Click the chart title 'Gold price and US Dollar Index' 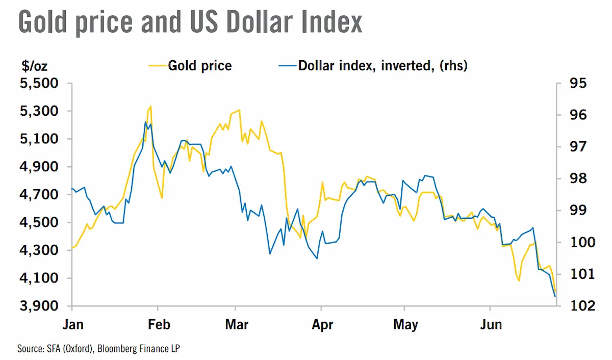pos(190,22)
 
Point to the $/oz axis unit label pos(35,66)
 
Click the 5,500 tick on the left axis pos(39,83)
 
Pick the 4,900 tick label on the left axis pos(39,167)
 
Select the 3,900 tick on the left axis pos(39,305)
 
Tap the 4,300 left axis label pos(39,250)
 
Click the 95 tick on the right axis pos(578,83)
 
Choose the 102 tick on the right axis pos(583,305)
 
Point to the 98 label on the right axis pos(578,178)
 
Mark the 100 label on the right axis pos(583,242)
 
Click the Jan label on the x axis pos(73,324)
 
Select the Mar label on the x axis pos(237,324)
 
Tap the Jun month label pos(491,324)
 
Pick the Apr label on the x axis pos(322,325)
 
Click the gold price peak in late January pos(151,106)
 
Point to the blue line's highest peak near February pos(145,122)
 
